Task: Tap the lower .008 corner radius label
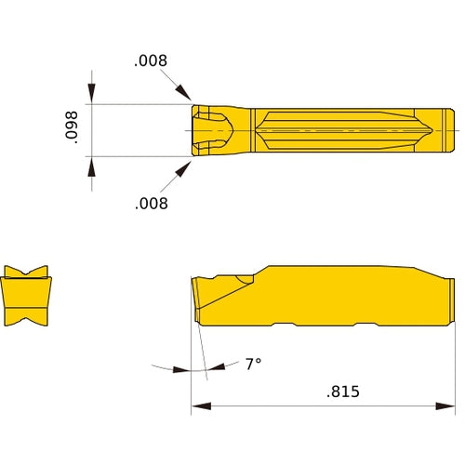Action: click(x=152, y=203)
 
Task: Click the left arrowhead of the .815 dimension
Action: click(x=197, y=405)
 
